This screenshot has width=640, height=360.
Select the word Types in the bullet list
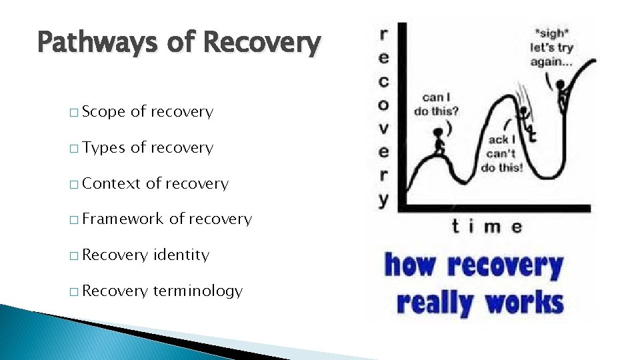pos(103,148)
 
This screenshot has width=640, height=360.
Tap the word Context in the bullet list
pos(111,183)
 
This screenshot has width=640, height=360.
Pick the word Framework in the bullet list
pos(123,219)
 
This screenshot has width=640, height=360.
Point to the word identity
pos(181,255)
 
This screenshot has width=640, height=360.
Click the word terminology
pos(197,291)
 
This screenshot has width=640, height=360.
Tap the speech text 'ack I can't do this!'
pos(501,153)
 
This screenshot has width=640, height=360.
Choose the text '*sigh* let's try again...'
pos(551,47)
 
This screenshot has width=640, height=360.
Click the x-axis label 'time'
pos(487,226)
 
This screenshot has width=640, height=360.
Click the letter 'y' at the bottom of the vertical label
pos(383,199)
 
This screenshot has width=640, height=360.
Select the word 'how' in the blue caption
pos(412,265)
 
